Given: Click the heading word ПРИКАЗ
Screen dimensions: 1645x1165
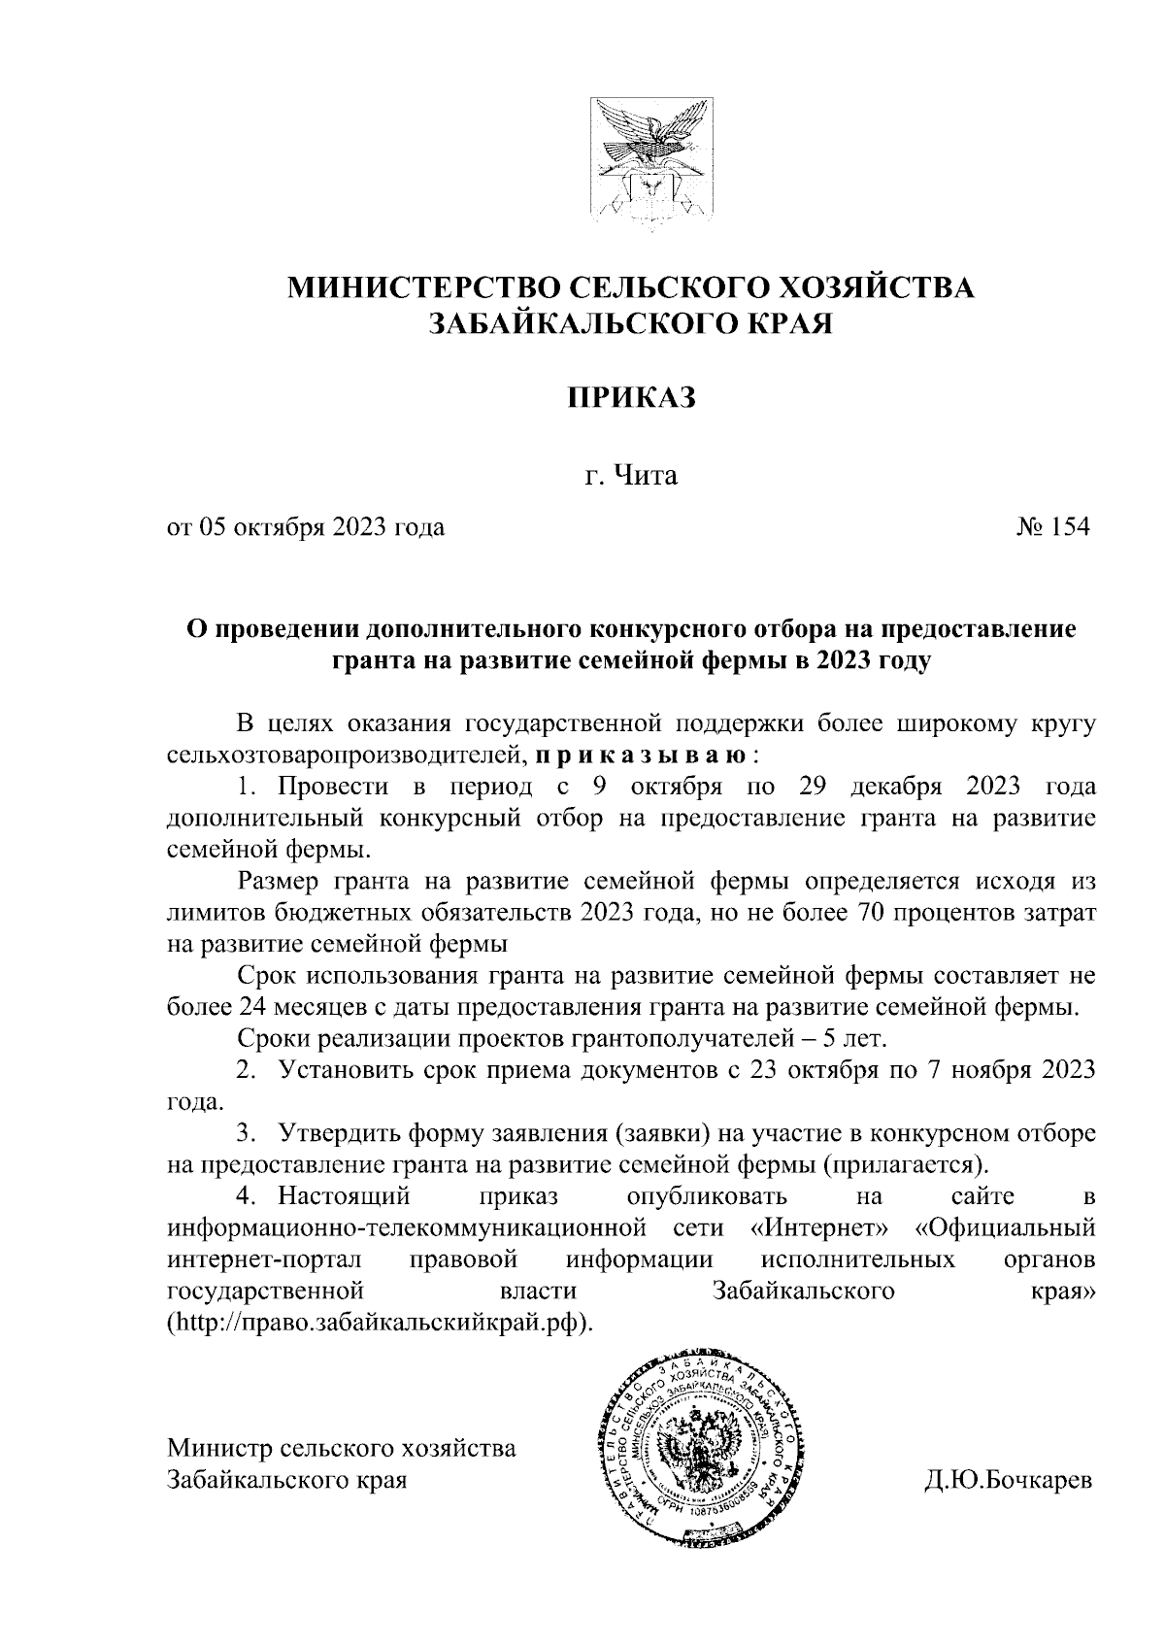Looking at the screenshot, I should (x=633, y=398).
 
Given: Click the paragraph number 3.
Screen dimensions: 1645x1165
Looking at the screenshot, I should (x=246, y=1132).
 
